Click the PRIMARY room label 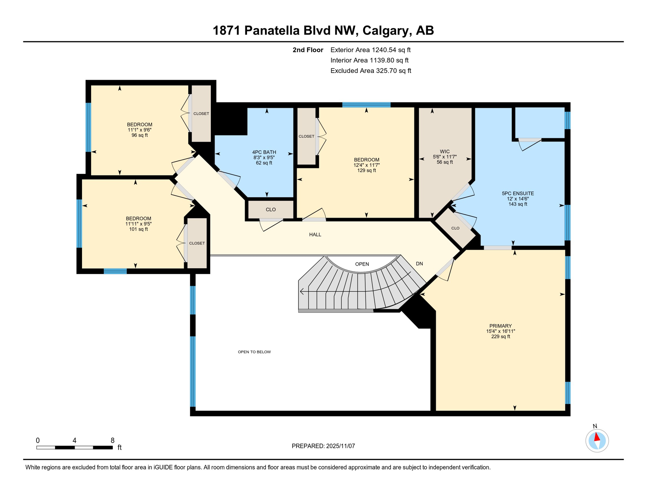click(x=500, y=326)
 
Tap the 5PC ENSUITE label click(x=517, y=193)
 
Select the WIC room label click(x=445, y=151)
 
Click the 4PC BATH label click(x=264, y=152)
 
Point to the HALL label click(x=315, y=234)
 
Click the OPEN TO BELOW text click(x=254, y=352)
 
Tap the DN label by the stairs click(x=419, y=264)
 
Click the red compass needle click(x=597, y=437)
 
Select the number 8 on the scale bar click(x=113, y=440)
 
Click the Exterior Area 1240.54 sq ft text click(x=370, y=50)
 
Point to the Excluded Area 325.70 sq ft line click(x=371, y=71)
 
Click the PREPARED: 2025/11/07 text click(x=323, y=446)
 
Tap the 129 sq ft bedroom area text click(x=366, y=170)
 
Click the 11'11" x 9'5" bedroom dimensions click(x=138, y=224)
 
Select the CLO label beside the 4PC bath click(x=270, y=210)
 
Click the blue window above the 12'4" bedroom click(x=366, y=105)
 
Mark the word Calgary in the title click(x=384, y=30)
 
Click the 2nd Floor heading click(x=308, y=50)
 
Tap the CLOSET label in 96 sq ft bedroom click(x=201, y=114)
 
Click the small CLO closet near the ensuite click(x=455, y=228)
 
